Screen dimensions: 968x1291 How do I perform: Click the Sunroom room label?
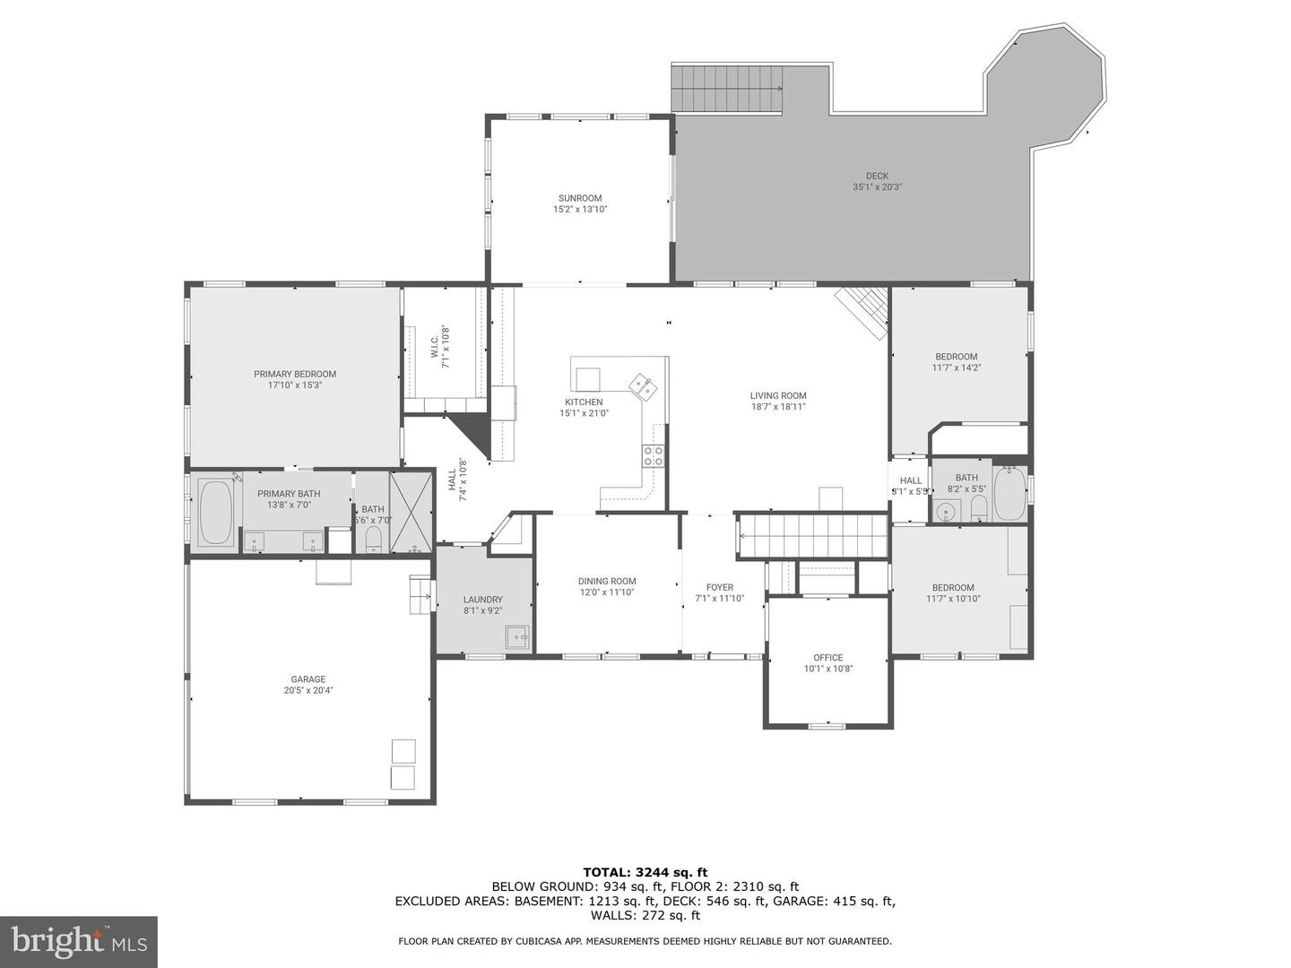tap(579, 198)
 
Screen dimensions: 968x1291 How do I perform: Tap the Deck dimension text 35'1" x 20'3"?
tap(877, 187)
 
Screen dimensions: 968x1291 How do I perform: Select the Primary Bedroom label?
tap(294, 374)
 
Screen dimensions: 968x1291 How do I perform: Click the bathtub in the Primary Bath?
tap(215, 514)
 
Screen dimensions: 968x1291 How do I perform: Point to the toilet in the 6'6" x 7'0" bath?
tap(374, 538)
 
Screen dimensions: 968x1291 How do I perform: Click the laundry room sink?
tap(517, 637)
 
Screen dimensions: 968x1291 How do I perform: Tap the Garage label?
tap(308, 679)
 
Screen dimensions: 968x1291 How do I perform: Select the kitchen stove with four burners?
tap(653, 456)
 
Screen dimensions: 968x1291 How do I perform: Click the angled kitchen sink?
tap(644, 385)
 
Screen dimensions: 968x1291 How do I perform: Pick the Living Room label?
tap(778, 395)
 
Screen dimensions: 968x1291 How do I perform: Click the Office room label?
tap(827, 657)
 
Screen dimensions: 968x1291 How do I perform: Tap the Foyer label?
tap(719, 588)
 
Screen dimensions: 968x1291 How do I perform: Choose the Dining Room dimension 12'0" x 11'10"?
tap(606, 592)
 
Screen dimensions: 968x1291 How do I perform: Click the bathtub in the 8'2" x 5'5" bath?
tap(1009, 494)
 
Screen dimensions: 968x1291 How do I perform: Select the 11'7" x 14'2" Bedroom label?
tap(956, 357)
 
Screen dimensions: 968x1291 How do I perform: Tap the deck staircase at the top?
tap(727, 88)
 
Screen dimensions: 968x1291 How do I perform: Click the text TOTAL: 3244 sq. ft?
tap(645, 872)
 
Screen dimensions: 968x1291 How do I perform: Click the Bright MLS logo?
tap(79, 941)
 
